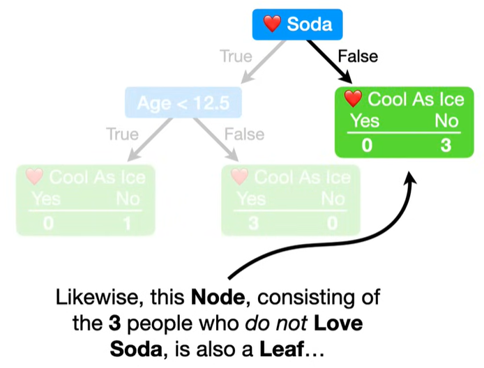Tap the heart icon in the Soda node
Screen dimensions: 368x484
coord(272,24)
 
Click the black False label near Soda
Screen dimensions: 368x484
coord(357,56)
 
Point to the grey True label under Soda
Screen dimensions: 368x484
coord(236,56)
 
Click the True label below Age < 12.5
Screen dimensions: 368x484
coord(122,133)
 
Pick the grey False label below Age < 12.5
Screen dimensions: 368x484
coord(244,133)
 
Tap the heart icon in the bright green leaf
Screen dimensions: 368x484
coord(354,99)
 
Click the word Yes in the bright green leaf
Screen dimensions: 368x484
coord(364,121)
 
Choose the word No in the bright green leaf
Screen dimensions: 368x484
coord(446,121)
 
